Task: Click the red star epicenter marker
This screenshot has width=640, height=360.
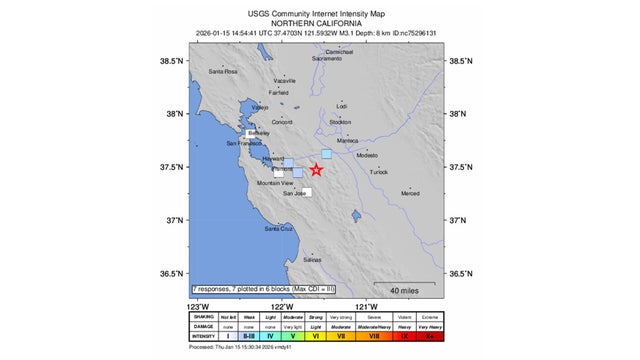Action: point(317,170)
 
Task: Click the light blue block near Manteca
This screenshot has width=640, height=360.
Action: point(326,153)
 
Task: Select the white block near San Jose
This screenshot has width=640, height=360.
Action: point(307,192)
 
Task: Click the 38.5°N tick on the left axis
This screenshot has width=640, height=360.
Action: point(172,61)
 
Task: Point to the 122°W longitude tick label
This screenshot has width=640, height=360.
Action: point(282,306)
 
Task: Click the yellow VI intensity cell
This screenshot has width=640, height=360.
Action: point(315,338)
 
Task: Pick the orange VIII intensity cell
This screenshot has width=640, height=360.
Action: point(373,338)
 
